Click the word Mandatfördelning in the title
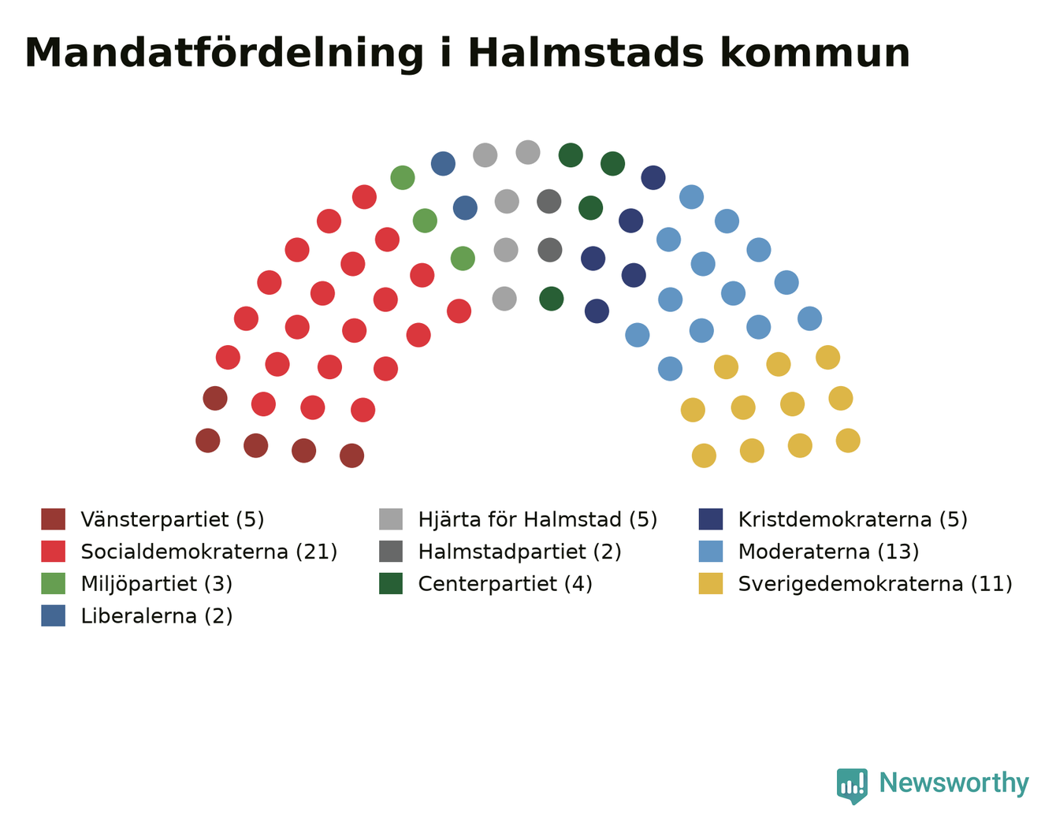click(224, 54)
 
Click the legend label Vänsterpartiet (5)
click(172, 520)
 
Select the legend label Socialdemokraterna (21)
click(209, 552)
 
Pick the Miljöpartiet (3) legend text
click(157, 584)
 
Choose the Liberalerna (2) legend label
click(157, 616)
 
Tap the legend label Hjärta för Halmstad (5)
click(537, 520)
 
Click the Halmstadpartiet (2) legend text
click(520, 552)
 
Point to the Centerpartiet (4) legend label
click(505, 584)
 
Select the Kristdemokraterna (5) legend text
click(853, 520)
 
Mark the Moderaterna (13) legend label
click(828, 552)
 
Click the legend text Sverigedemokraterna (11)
click(876, 584)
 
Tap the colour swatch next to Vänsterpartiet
click(53, 519)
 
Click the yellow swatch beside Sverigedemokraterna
click(711, 584)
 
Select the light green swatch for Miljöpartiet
click(53, 584)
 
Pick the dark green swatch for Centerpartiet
click(391, 584)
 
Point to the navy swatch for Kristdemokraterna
click(711, 519)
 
